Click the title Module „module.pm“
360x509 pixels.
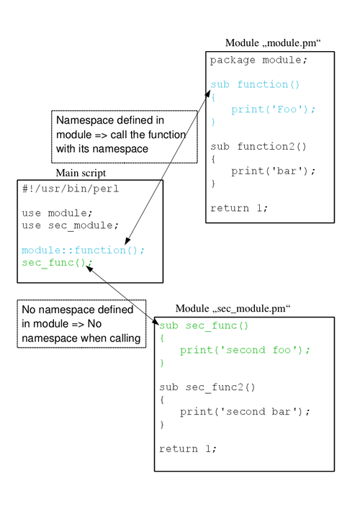tap(273, 43)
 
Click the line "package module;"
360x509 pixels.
tap(258, 60)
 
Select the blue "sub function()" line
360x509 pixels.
tap(255, 84)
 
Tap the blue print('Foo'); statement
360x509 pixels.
tap(273, 109)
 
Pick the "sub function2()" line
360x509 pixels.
tap(258, 146)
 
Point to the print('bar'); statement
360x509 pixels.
tap(273, 171)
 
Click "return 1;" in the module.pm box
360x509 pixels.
tap(239, 208)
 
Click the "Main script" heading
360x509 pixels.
tap(81, 173)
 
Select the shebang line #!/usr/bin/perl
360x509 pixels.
tap(71, 189)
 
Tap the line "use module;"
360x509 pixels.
tap(57, 213)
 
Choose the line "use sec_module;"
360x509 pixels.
tap(71, 225)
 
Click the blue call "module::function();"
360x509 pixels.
tap(83, 251)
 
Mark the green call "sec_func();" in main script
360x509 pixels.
tap(57, 263)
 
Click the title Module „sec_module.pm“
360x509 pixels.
tap(233, 308)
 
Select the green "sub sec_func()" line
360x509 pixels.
tap(204, 325)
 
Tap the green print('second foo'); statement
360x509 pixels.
tap(245, 351)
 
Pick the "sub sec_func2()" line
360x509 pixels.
tap(207, 387)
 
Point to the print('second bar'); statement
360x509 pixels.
tap(245, 412)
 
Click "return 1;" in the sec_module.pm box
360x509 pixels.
tap(188, 449)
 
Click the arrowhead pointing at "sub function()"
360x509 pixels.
tap(207, 94)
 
